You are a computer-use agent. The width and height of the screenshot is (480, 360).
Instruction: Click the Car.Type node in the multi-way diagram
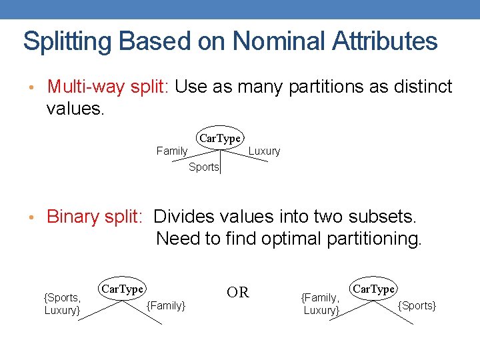(x=219, y=138)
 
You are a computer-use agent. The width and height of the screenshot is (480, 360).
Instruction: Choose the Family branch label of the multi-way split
(x=171, y=151)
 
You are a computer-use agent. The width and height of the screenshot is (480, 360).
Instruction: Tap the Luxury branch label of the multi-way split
(x=264, y=151)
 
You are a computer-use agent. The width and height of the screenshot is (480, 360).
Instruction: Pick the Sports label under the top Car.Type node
(x=203, y=167)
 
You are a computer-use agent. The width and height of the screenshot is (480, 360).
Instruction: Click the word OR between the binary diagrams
(x=238, y=293)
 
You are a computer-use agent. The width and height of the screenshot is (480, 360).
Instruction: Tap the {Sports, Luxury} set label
(x=62, y=304)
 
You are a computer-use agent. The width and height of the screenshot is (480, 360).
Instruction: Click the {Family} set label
(x=166, y=305)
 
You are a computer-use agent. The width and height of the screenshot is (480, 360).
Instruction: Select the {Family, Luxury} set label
(x=321, y=304)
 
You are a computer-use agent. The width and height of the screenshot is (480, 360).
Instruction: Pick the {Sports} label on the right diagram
(x=417, y=305)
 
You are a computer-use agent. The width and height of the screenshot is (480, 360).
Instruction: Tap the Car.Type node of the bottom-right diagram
(x=373, y=289)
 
